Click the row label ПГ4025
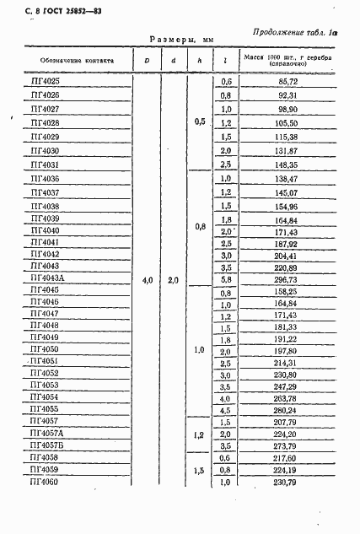pyautogui.click(x=45, y=81)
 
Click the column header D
pyautogui.click(x=146, y=59)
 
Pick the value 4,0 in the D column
pyautogui.click(x=147, y=279)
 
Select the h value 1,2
pyautogui.click(x=199, y=434)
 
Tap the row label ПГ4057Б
pyautogui.click(x=46, y=446)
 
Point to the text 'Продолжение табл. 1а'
pyautogui.click(x=294, y=31)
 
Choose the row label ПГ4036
pyautogui.click(x=45, y=180)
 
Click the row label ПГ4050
pyautogui.click(x=45, y=348)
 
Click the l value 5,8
pyautogui.click(x=225, y=279)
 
